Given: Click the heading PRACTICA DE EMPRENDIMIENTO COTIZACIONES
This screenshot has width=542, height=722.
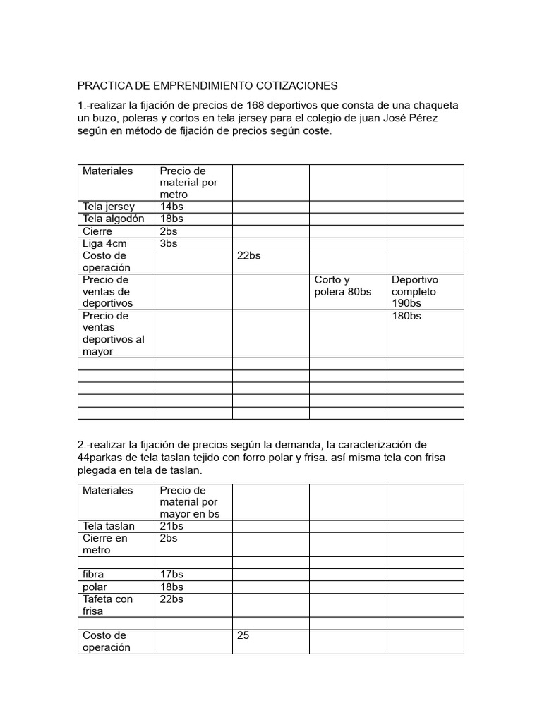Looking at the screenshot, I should click(x=207, y=86).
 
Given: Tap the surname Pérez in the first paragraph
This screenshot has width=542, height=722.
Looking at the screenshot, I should click(x=423, y=118).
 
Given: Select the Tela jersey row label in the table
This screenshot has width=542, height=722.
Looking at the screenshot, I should click(x=109, y=207).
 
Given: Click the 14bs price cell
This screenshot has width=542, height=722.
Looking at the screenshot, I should click(x=171, y=207).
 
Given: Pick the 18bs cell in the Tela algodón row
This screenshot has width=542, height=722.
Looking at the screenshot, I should click(x=171, y=219).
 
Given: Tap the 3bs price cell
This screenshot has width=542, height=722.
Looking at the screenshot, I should click(x=169, y=243).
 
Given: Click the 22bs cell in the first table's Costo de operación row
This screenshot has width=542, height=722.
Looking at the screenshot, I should click(x=249, y=256).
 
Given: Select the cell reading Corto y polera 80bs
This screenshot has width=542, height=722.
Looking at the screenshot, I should click(x=343, y=286).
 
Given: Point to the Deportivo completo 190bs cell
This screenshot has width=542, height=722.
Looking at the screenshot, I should click(x=415, y=291).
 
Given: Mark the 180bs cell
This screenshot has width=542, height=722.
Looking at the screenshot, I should click(x=406, y=316).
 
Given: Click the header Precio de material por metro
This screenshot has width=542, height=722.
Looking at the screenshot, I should click(x=188, y=183).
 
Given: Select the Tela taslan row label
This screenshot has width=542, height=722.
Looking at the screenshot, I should click(x=108, y=526).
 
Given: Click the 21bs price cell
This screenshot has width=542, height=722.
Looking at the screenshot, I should click(x=171, y=526).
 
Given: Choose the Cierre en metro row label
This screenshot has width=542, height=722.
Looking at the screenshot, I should click(x=105, y=544).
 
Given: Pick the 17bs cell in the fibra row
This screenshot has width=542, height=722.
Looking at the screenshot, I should click(x=171, y=575).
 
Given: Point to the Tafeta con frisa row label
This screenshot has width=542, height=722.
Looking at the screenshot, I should click(x=107, y=605).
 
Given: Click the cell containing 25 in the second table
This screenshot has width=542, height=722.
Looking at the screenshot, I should click(x=243, y=635).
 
